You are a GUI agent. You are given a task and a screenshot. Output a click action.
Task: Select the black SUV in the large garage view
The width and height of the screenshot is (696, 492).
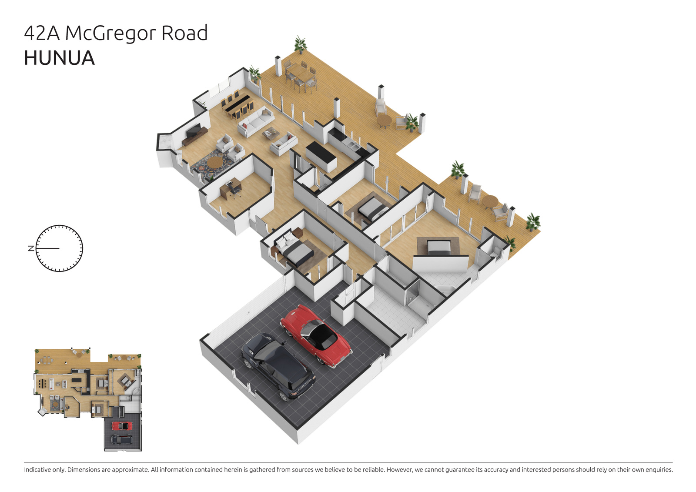point(278,367)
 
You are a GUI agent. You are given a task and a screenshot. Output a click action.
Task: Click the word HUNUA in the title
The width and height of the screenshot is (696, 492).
point(59,58)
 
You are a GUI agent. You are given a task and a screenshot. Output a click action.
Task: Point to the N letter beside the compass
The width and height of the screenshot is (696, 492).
point(31,248)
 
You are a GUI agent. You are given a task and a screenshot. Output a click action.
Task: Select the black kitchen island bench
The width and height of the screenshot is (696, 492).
point(321,157)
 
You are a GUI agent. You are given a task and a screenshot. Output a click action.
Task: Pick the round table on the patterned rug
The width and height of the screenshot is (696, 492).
point(215,162)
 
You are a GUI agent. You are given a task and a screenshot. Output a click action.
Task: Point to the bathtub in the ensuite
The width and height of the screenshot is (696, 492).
point(443,289)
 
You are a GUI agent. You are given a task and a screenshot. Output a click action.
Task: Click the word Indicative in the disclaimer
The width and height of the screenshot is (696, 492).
point(37,469)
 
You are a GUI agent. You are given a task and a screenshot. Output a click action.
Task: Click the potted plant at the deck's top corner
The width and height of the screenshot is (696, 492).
point(301,44)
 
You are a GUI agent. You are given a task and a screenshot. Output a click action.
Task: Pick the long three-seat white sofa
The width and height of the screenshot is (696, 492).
point(256,122)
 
